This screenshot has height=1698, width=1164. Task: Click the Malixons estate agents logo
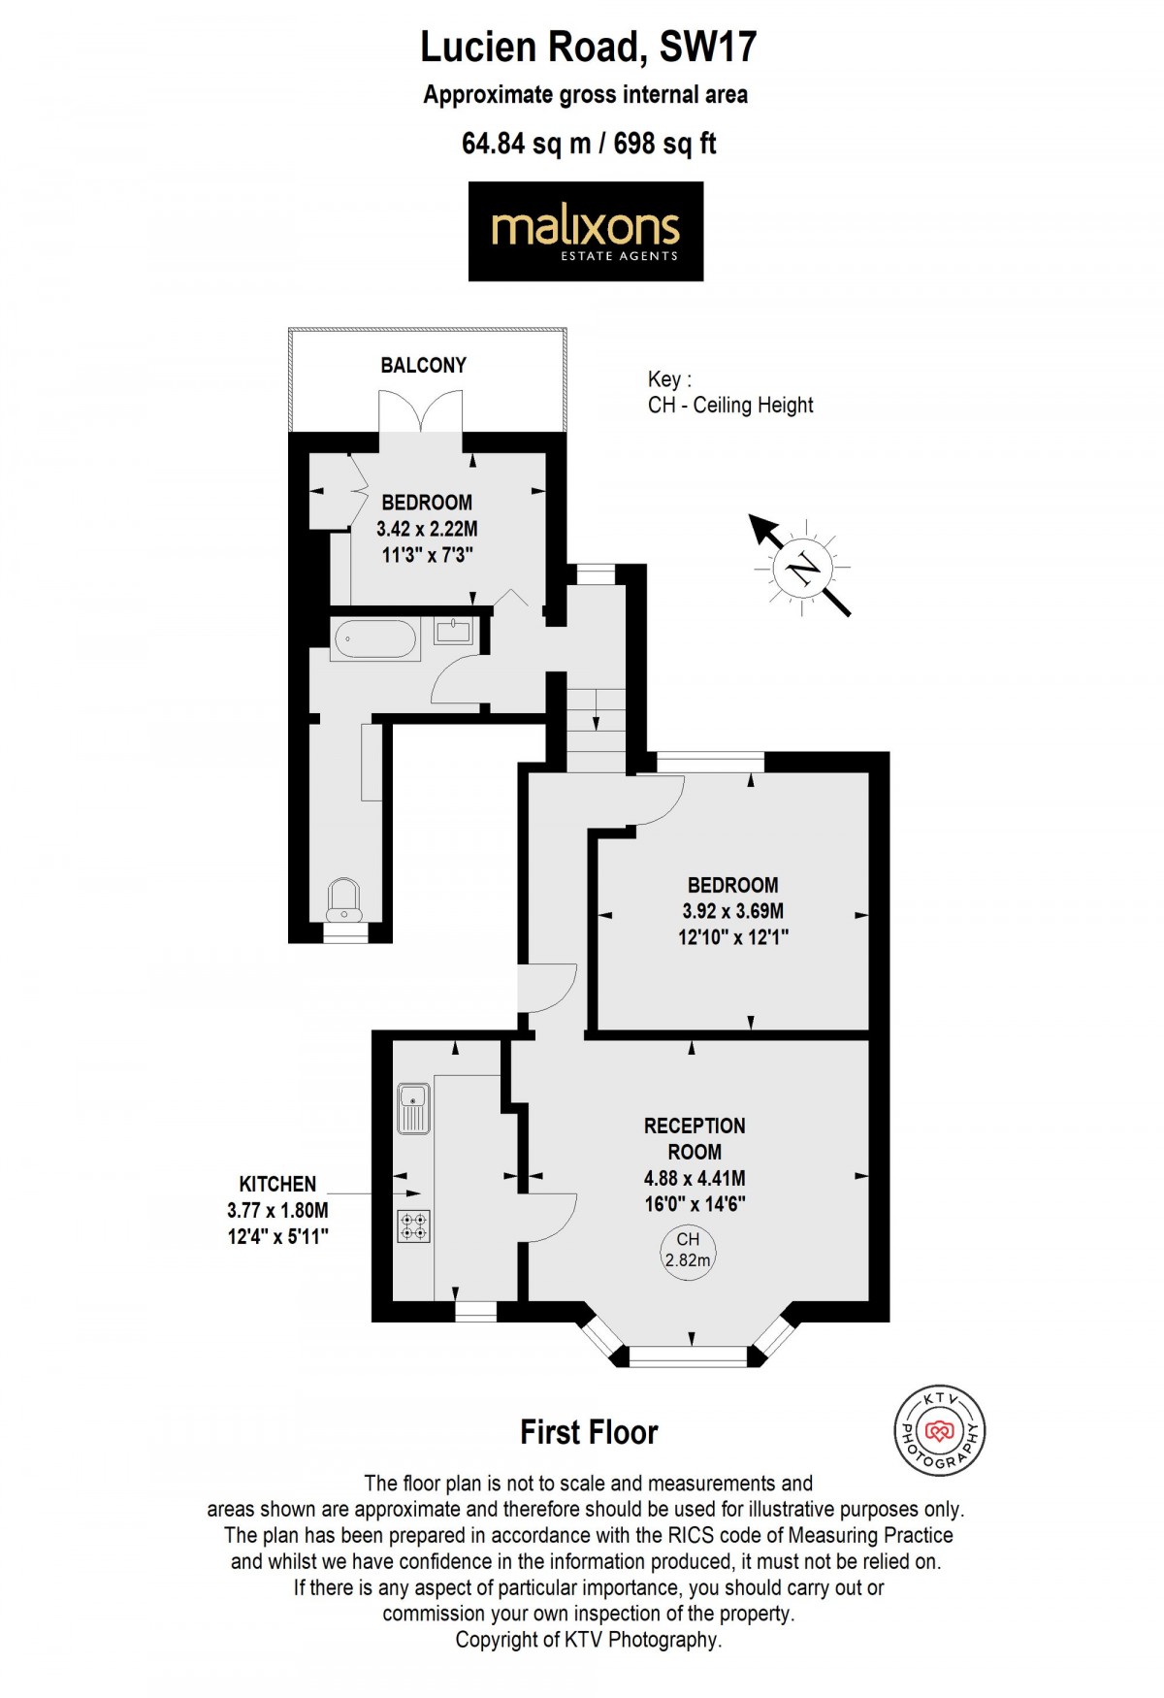point(585,232)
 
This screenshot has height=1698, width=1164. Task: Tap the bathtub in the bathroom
point(375,639)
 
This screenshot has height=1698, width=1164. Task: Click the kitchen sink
point(414,1108)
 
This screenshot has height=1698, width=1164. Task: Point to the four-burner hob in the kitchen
point(414,1226)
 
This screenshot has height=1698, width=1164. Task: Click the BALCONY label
point(423,366)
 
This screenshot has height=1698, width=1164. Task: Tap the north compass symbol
point(801,568)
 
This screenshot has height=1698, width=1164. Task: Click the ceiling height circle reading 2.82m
point(688,1251)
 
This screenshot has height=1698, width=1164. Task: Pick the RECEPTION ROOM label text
point(695,1139)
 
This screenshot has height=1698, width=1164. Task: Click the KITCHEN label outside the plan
point(277,1184)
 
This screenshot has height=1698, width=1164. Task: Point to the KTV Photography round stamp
point(938,1431)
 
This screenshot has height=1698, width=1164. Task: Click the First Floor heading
point(589,1432)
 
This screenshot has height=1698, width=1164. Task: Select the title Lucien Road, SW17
point(588,47)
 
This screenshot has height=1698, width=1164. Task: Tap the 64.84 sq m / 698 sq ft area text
point(589,144)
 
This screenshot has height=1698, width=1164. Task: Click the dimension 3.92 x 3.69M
point(732,911)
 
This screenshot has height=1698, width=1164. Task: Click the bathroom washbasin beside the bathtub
point(454,632)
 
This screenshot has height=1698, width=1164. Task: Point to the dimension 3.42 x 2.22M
point(427,529)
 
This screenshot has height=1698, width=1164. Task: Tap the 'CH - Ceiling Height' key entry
point(730,406)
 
